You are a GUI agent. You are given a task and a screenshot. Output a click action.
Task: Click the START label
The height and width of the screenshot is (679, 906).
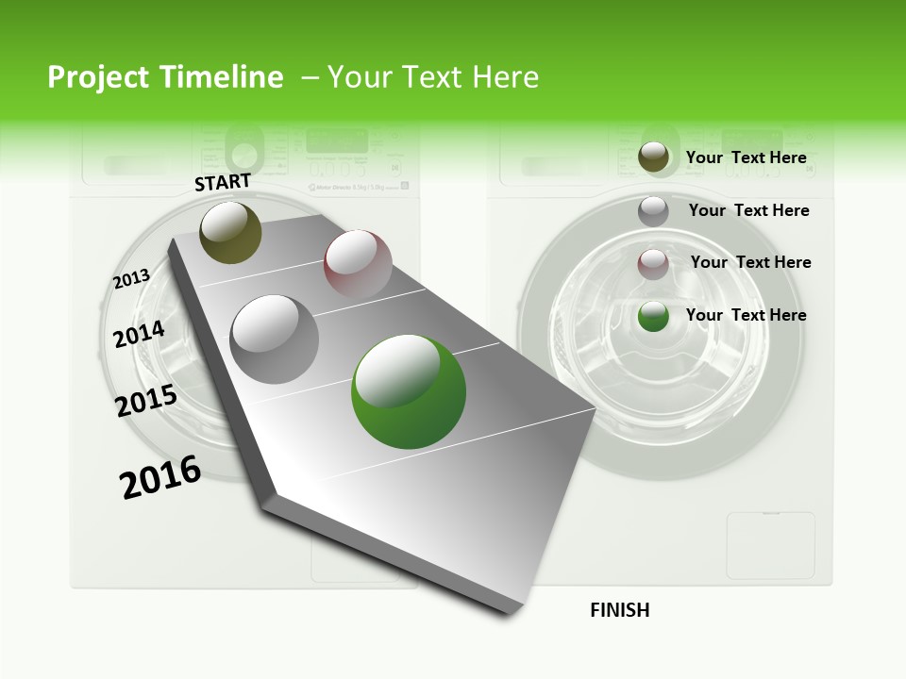(x=223, y=182)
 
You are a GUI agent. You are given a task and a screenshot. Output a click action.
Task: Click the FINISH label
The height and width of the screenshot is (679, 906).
(x=619, y=610)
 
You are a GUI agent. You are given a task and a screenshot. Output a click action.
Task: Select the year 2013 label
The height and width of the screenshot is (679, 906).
(x=132, y=279)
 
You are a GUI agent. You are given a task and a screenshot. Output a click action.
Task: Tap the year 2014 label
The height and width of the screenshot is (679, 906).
(x=139, y=334)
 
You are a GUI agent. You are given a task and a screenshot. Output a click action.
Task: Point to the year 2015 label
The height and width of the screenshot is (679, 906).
(x=146, y=401)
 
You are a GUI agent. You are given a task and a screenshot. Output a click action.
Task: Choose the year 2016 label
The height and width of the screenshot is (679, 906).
(x=160, y=477)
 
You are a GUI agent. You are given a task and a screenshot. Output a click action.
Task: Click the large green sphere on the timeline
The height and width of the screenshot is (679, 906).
(x=409, y=391)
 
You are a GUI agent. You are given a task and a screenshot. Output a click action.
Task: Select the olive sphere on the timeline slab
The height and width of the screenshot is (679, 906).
(x=231, y=232)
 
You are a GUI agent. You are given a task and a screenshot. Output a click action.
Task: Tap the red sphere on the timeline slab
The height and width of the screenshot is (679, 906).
(x=358, y=264)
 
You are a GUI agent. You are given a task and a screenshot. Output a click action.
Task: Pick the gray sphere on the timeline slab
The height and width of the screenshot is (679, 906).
(x=275, y=339)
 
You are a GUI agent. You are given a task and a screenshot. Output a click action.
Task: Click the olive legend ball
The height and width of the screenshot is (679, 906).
(x=653, y=157)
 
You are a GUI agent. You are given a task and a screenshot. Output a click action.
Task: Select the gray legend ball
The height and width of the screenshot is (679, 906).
(x=653, y=210)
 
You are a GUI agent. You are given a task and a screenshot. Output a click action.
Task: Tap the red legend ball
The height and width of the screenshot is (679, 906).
(x=653, y=263)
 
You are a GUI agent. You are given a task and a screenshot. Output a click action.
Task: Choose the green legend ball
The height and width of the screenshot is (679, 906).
(x=653, y=316)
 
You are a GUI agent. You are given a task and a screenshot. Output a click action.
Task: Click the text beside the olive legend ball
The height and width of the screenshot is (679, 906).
(x=746, y=157)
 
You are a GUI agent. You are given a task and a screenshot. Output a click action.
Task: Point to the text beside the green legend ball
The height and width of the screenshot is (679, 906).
(x=746, y=315)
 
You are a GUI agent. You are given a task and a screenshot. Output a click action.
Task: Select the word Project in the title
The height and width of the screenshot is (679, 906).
(x=98, y=77)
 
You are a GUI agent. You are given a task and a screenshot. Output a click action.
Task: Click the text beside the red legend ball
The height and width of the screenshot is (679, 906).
(x=750, y=262)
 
